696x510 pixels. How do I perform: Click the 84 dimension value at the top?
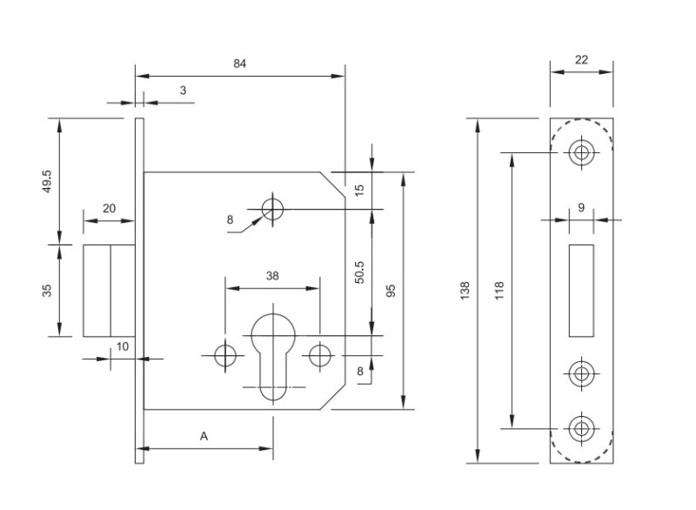click(240, 64)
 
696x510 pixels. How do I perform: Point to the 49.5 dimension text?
click(47, 181)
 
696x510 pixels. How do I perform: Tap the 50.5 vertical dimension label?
click(359, 272)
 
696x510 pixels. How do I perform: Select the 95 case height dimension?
click(391, 291)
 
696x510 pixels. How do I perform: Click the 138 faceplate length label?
click(465, 291)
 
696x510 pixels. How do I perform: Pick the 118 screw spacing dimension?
click(499, 291)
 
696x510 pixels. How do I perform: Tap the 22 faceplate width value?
click(581, 60)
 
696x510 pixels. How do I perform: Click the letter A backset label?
click(204, 436)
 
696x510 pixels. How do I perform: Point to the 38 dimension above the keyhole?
click(272, 276)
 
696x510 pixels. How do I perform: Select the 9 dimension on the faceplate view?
click(581, 207)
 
